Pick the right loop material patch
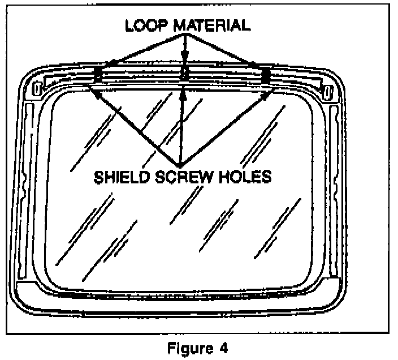tap(265, 73)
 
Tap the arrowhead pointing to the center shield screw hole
tap(182, 95)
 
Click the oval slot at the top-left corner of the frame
tap(37, 89)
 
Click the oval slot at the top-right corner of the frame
tap(327, 89)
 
